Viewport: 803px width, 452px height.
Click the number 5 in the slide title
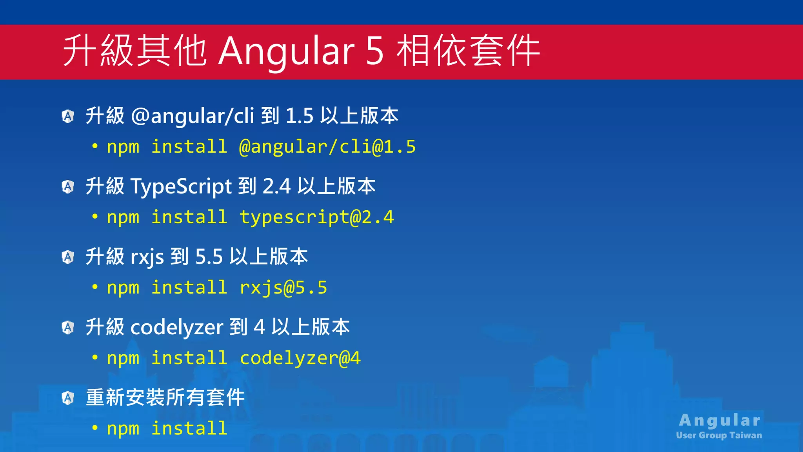point(375,51)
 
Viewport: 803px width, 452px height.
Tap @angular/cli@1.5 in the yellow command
point(327,147)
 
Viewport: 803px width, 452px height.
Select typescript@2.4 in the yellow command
point(316,217)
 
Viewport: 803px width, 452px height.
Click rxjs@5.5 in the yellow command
point(283,288)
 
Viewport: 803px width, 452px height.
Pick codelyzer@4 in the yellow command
point(300,358)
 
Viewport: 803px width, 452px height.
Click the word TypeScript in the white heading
point(181,186)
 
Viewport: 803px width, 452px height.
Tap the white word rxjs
point(147,257)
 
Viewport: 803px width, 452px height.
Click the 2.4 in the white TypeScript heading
point(276,186)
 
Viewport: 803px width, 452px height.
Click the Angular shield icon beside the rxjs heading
point(68,257)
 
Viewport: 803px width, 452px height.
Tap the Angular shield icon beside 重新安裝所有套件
point(68,398)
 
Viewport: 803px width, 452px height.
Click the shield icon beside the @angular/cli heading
point(68,116)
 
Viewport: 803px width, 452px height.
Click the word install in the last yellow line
point(189,428)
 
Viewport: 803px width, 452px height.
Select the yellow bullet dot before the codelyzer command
point(95,357)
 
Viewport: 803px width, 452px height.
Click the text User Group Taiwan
point(719,435)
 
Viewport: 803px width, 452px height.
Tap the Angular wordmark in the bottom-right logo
point(719,420)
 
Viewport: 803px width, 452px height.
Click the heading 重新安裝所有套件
point(165,397)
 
